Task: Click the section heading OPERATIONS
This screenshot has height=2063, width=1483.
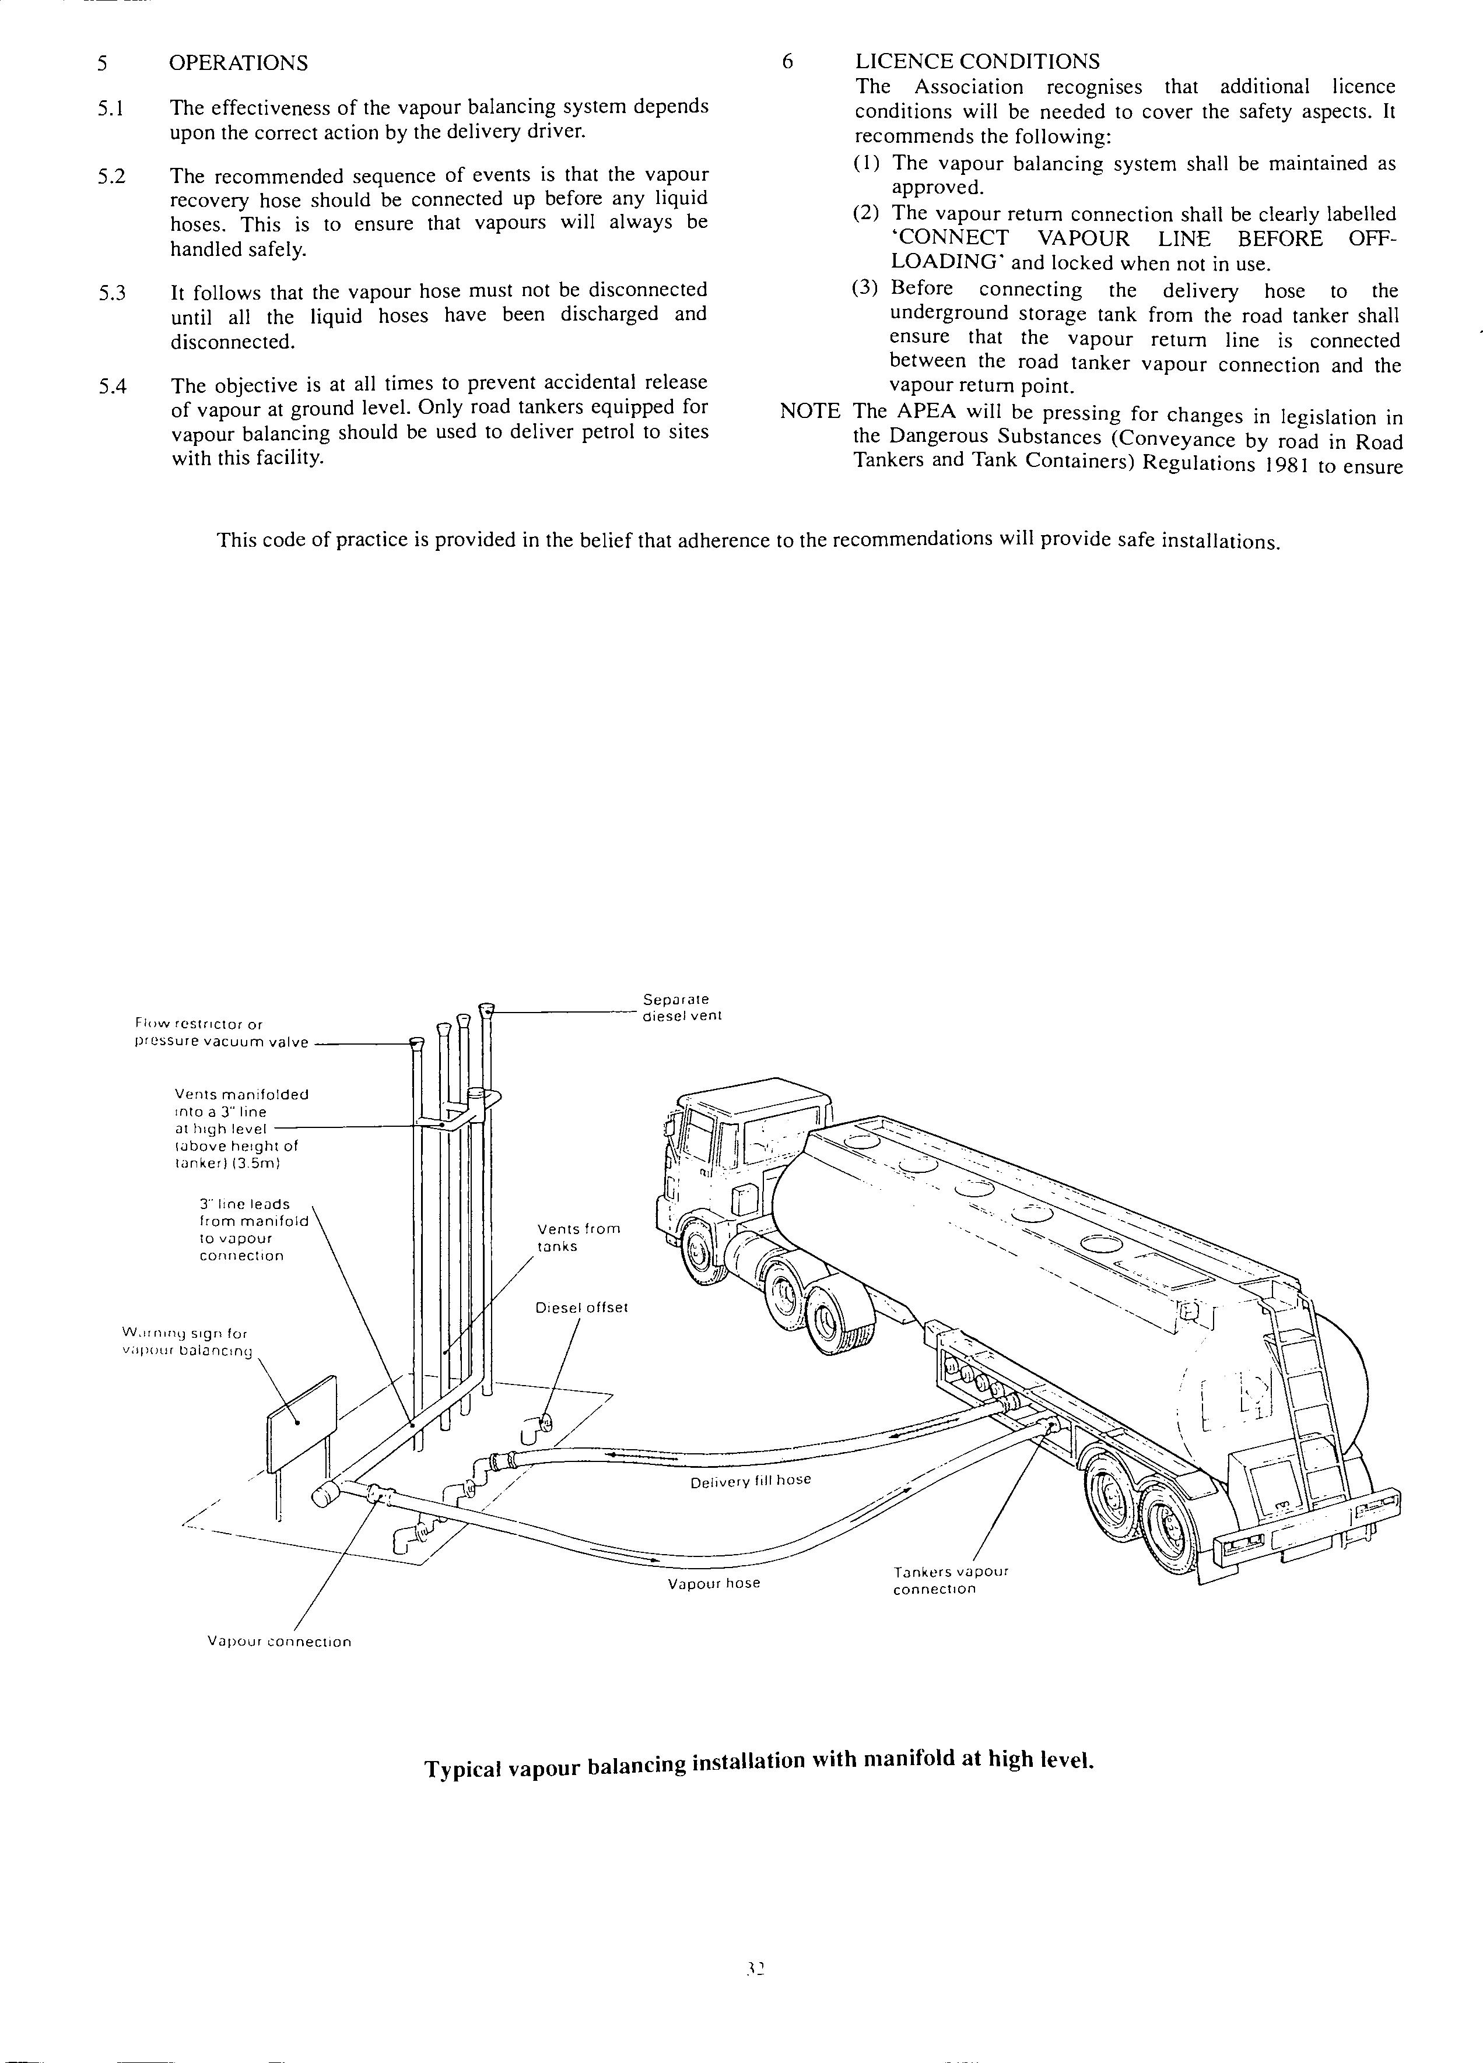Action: pos(239,63)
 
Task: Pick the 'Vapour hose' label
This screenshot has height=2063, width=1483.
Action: pos(713,1584)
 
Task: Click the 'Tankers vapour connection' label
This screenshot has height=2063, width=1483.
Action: pos(950,1580)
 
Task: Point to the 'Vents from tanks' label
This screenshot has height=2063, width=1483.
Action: pos(579,1237)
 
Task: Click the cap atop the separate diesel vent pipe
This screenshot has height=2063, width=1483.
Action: pos(487,1008)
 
